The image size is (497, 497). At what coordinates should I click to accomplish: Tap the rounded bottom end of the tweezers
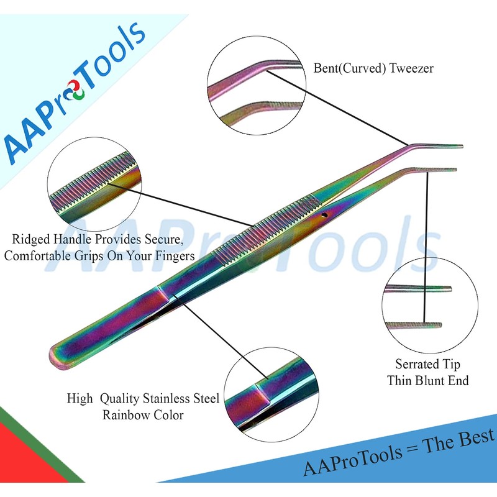(x=57, y=357)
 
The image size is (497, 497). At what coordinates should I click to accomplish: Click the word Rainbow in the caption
(x=127, y=414)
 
